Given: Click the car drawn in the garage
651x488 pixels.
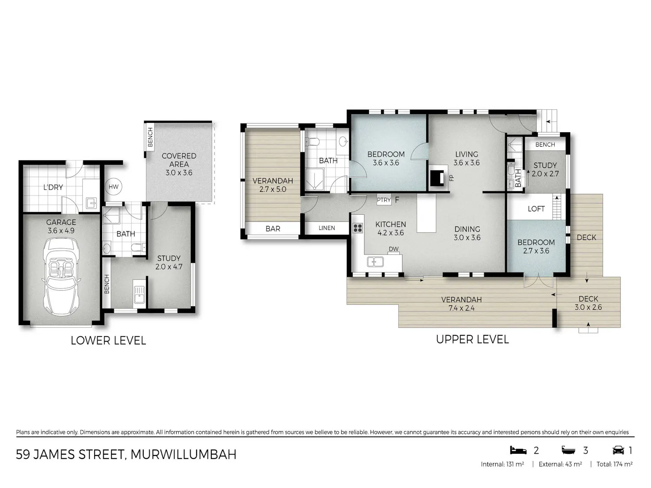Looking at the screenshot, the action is pos(61,276).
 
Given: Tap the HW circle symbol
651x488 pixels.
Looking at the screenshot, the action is pos(114,187).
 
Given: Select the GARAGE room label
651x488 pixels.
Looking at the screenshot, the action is pos(61,222).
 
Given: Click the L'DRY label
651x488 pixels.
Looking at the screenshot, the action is pos(53,187).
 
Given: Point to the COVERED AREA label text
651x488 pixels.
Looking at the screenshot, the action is pos(179,160).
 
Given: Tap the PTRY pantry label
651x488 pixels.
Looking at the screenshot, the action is pos(384,200).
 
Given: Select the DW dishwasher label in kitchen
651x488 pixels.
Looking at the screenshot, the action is pos(394,249).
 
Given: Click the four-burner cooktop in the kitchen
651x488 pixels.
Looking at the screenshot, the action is pos(358,228).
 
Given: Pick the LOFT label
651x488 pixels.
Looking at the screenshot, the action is pos(536,209).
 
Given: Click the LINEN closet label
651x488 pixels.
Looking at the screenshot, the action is pos(327,228).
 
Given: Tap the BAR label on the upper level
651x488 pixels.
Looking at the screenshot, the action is pos(273,229).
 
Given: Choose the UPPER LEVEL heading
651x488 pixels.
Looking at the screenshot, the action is pos(473,339).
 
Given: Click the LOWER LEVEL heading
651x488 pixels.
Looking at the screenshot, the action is pos(108,341).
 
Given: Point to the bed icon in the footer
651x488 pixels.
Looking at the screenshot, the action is pos(518,450).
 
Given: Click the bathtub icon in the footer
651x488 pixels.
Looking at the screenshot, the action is pos(568,451).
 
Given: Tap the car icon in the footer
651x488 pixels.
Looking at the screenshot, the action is pos(618,450).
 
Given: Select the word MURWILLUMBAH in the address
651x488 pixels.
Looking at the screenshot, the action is pos(184,455).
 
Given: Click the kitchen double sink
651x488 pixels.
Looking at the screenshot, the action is pos(375,262).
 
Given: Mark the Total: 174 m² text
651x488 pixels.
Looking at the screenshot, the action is pos(615,464).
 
